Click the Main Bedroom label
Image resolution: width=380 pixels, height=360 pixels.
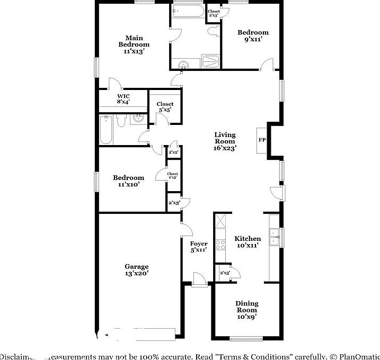point(134,44)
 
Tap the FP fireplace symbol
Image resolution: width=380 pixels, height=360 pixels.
point(262,140)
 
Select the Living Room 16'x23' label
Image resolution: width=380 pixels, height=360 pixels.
point(225,141)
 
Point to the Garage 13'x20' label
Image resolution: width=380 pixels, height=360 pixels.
point(137,270)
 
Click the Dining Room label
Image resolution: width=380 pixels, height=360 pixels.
point(247,310)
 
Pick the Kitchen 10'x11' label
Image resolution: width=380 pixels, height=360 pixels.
point(248,242)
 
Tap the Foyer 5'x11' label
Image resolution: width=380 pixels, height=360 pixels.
point(199,247)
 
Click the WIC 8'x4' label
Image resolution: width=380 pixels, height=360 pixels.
point(123,98)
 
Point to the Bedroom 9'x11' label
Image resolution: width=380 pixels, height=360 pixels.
point(252,35)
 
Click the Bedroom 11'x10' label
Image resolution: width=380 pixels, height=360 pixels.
point(129,181)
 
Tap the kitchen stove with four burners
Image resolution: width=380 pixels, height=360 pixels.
point(220,244)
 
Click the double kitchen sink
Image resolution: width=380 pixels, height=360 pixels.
point(275,237)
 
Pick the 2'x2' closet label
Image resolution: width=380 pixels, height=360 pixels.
point(174,152)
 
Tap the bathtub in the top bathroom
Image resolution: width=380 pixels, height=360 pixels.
point(186,12)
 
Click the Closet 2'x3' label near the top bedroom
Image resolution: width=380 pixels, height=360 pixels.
point(214,13)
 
